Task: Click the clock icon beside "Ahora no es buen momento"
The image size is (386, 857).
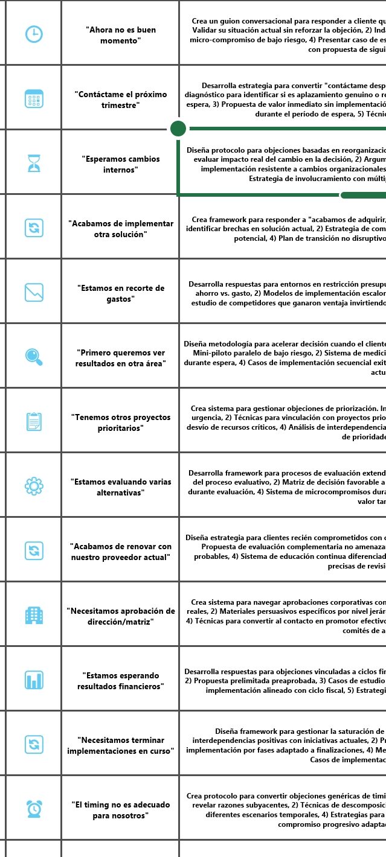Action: (34, 34)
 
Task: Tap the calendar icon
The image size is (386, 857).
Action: (34, 99)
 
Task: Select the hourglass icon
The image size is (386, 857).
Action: (34, 164)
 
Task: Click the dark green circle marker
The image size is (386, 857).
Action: (178, 129)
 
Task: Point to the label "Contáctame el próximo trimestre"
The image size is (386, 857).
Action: (120, 100)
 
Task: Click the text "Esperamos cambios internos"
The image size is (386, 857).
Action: (120, 164)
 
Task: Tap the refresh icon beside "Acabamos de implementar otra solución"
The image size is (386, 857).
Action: (34, 228)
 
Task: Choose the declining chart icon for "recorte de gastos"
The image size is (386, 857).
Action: (34, 293)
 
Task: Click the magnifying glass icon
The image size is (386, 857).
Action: (34, 357)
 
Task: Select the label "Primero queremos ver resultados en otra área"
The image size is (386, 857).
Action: (120, 357)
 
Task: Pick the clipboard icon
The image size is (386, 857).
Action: (34, 421)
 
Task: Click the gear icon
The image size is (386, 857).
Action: (34, 486)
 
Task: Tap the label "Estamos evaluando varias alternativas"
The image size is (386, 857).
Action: (120, 486)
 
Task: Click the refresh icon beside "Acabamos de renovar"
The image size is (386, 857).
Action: (34, 550)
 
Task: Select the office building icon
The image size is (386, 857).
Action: (34, 615)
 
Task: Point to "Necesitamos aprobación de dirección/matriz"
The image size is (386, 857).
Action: (120, 616)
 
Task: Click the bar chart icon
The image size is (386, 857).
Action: (34, 680)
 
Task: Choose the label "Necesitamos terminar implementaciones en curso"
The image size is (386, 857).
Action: (120, 745)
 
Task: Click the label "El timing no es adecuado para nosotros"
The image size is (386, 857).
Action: (120, 809)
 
